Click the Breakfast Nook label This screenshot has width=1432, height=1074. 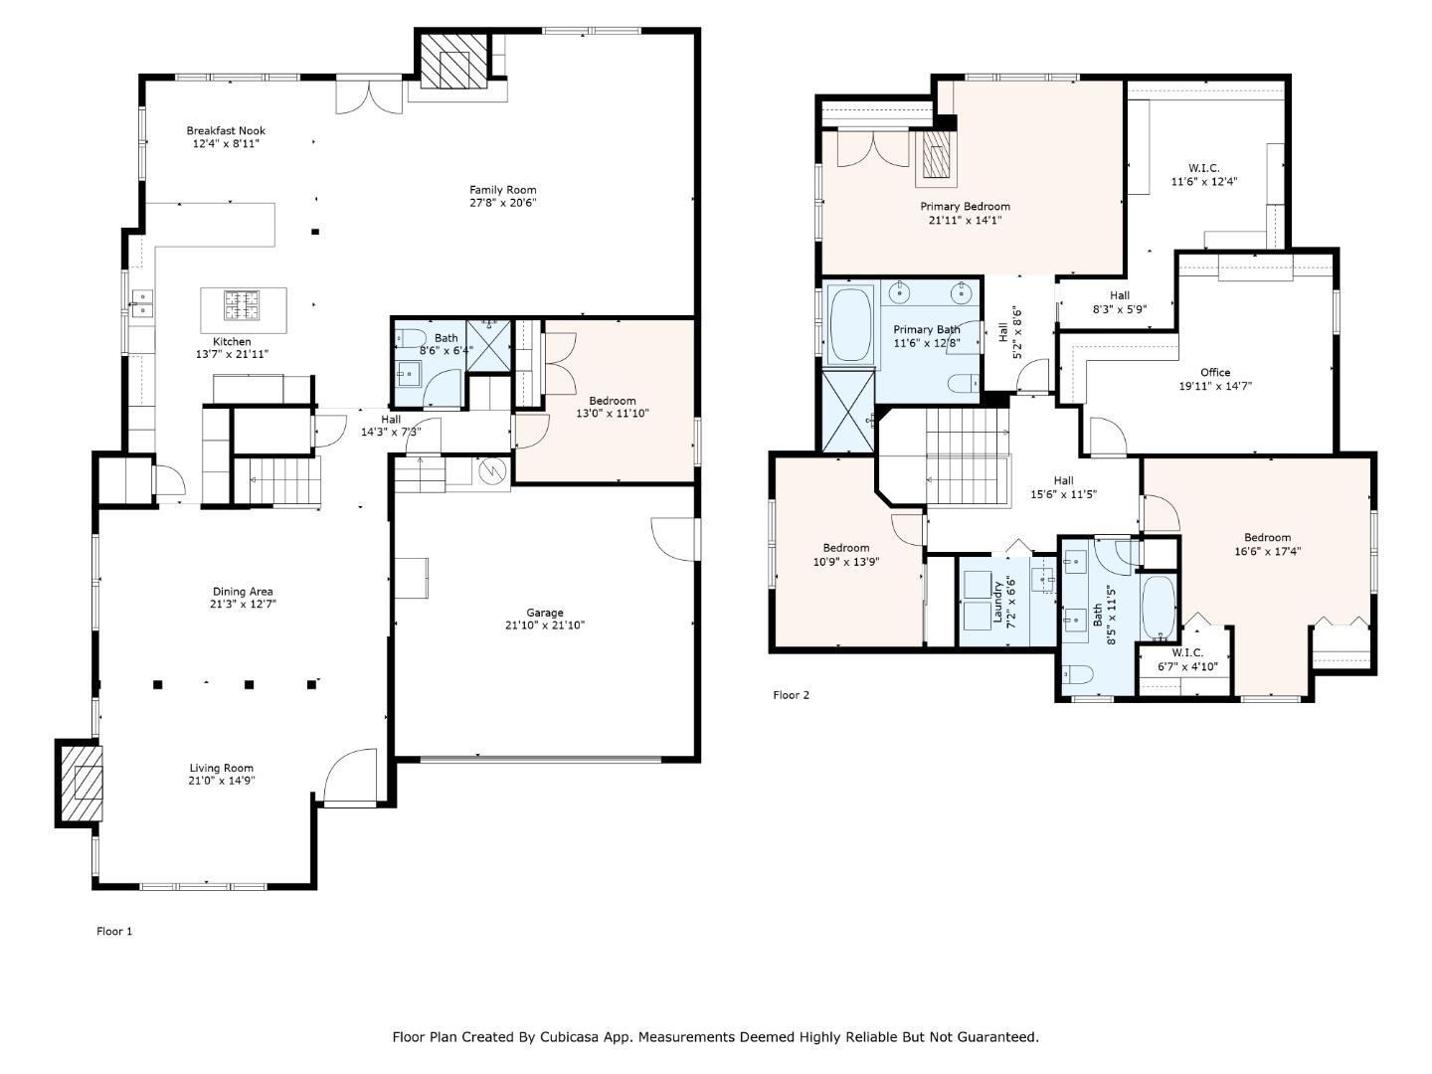(226, 130)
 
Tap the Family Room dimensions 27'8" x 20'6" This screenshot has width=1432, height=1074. (502, 203)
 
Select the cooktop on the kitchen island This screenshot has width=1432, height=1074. (242, 305)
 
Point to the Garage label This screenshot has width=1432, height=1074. (545, 613)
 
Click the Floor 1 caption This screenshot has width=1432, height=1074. (114, 931)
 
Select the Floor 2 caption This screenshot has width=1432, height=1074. (791, 695)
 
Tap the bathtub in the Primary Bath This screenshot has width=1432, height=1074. (850, 324)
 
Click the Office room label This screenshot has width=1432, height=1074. (1215, 372)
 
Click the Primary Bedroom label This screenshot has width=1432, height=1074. (965, 207)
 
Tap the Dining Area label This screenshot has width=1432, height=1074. (243, 592)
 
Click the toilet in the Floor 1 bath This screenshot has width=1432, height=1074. (411, 339)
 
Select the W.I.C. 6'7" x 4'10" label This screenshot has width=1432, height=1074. (1187, 659)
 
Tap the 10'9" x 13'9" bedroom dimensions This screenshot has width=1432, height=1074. (846, 562)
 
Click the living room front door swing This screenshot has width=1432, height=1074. (350, 776)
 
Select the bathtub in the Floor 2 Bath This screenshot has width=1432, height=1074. (1159, 608)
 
